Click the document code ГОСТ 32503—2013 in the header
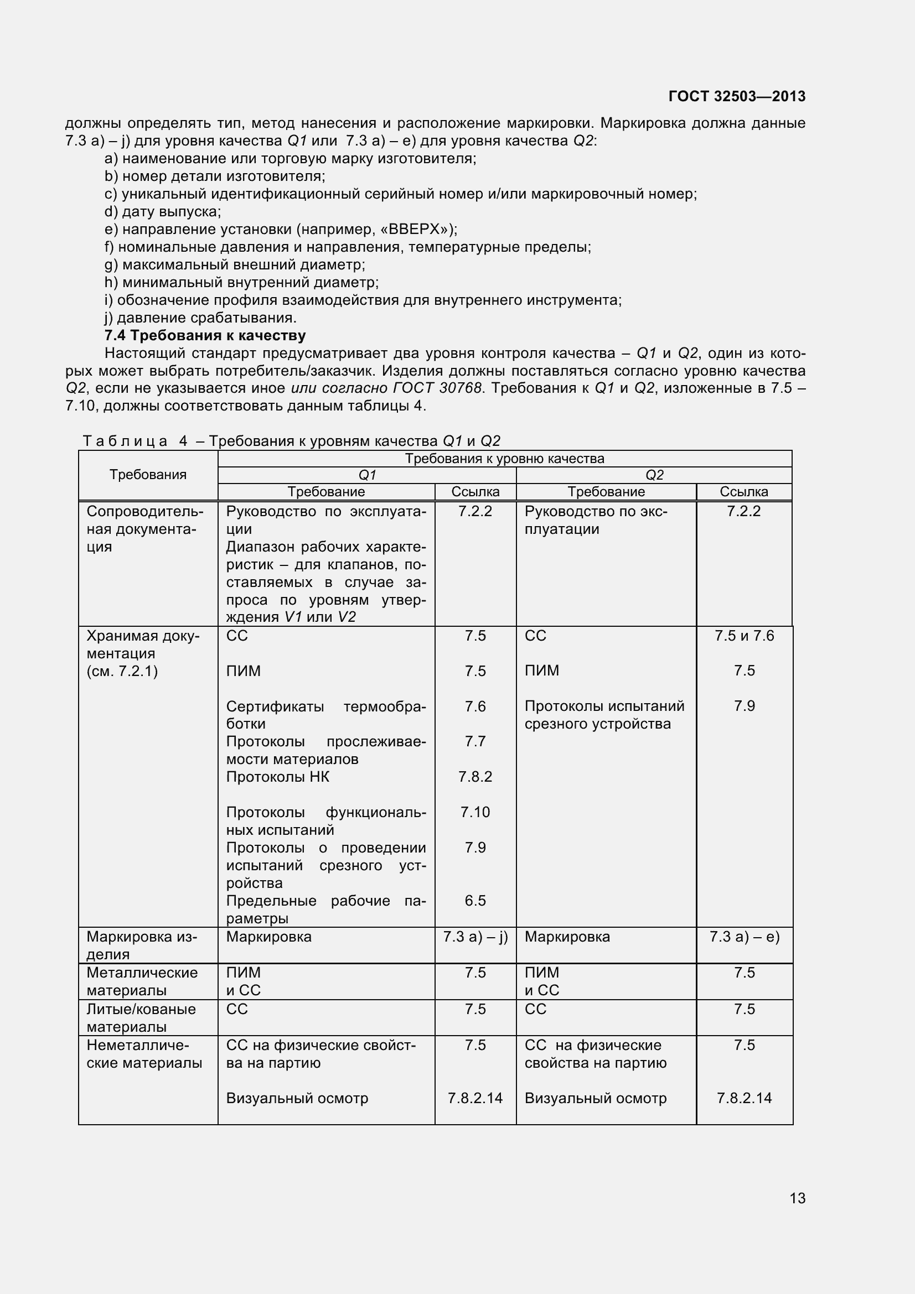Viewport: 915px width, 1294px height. pyautogui.click(x=736, y=96)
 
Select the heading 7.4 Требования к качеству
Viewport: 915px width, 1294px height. pyautogui.click(x=205, y=335)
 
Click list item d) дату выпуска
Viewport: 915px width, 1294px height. pyautogui.click(x=163, y=211)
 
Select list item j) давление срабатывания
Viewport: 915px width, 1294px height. pyautogui.click(x=201, y=318)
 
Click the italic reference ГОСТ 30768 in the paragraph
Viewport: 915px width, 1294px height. pyautogui.click(x=437, y=388)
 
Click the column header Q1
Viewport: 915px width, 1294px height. pyautogui.click(x=367, y=475)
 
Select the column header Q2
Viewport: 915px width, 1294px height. pyautogui.click(x=654, y=475)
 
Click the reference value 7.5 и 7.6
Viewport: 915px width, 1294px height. pyautogui.click(x=744, y=636)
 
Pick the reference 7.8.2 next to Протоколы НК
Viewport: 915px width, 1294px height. pyautogui.click(x=475, y=777)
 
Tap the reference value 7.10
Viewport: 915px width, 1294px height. pyautogui.click(x=475, y=812)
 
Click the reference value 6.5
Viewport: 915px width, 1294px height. pyautogui.click(x=475, y=901)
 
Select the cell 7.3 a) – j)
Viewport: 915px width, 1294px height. pyautogui.click(x=475, y=937)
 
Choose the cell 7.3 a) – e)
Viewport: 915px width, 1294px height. pyautogui.click(x=744, y=937)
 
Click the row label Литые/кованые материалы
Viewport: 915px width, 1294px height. pyautogui.click(x=141, y=1018)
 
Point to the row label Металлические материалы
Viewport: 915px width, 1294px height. pyautogui.click(x=142, y=981)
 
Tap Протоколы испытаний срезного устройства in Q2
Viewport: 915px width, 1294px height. pyautogui.click(x=604, y=715)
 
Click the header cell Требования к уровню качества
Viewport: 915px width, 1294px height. pyautogui.click(x=505, y=459)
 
